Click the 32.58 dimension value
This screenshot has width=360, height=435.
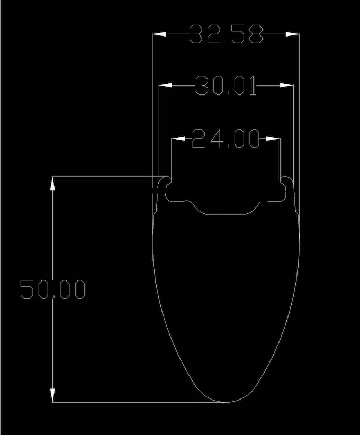tap(226, 34)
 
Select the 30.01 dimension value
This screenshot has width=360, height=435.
tap(226, 86)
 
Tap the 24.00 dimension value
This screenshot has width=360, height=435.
tap(226, 138)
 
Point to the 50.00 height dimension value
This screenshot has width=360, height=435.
tap(52, 289)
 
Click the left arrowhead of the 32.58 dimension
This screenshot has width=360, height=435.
tap(159, 34)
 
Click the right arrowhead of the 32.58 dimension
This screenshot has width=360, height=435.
tap(293, 34)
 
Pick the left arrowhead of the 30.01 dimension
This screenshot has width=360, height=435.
tap(165, 85)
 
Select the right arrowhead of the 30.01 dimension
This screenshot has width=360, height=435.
tap(287, 85)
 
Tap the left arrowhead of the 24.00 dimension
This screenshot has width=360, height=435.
tap(178, 138)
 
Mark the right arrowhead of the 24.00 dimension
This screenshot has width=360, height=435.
tap(273, 138)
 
